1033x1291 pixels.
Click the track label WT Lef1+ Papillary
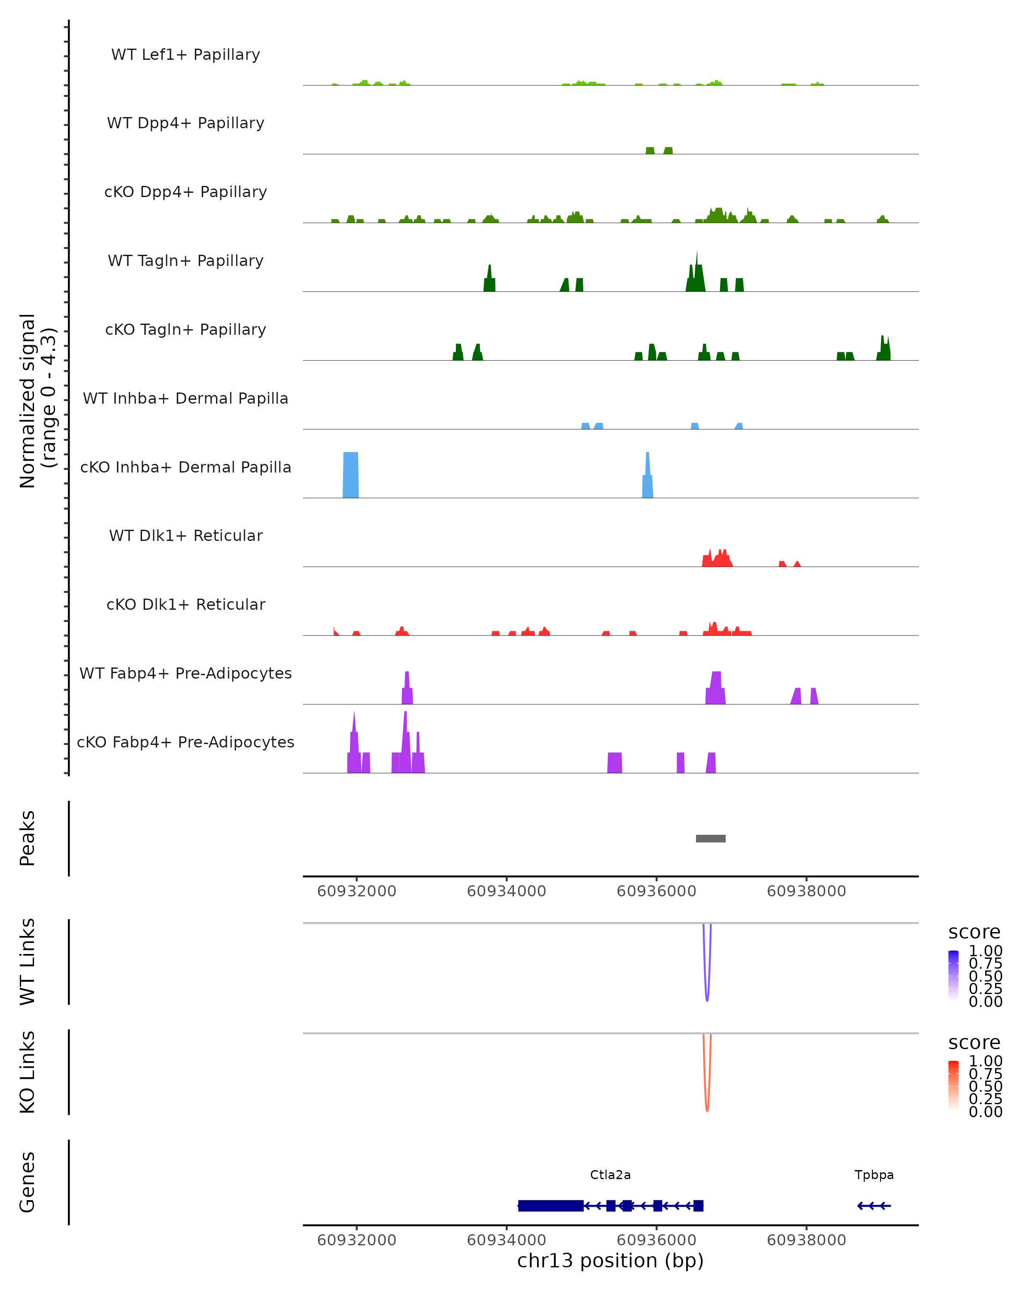[x=186, y=55]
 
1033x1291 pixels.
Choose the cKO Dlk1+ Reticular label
[x=186, y=604]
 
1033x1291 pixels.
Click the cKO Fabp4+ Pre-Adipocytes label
[x=186, y=742]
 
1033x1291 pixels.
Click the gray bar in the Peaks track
[x=710, y=838]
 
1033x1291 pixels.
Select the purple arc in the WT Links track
[x=707, y=994]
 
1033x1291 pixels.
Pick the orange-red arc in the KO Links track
[x=707, y=1105]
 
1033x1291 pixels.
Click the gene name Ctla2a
[x=610, y=1175]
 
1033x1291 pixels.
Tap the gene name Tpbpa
[x=874, y=1175]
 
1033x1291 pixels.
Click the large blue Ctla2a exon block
[x=551, y=1205]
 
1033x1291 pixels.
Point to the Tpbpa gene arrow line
[x=874, y=1205]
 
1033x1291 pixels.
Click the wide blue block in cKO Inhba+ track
[x=351, y=475]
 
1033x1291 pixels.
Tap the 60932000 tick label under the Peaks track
[x=356, y=891]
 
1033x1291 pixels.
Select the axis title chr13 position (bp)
[x=610, y=1260]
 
